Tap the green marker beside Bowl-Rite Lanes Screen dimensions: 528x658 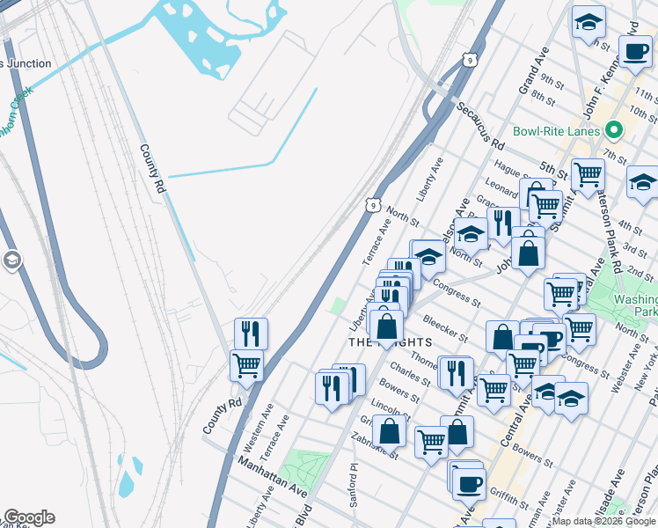pos(615,131)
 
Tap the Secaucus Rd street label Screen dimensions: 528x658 pos(480,124)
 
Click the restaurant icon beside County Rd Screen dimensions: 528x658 pos(251,334)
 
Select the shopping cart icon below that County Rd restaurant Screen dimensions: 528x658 pos(246,364)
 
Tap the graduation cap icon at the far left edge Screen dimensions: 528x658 pos(11,260)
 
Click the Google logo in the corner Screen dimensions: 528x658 pos(28,517)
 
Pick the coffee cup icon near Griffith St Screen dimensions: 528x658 pos(468,483)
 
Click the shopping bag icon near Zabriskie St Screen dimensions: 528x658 pos(389,430)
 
